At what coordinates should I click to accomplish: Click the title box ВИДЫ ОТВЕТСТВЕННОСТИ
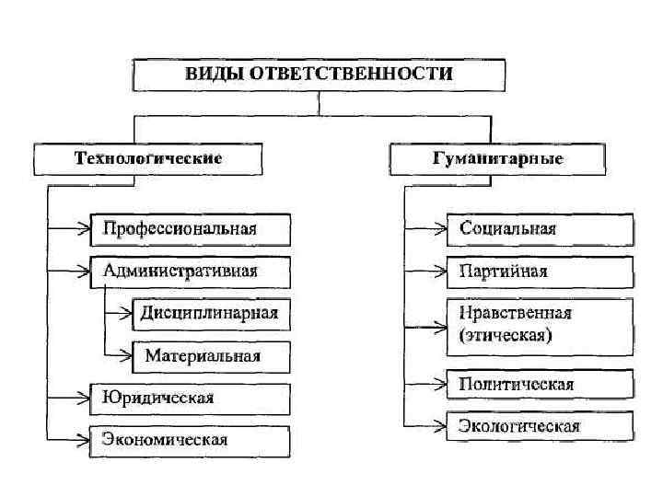(x=319, y=75)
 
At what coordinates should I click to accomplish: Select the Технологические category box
(x=147, y=158)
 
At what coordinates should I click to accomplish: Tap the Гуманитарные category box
(x=497, y=158)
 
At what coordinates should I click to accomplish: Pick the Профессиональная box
(x=190, y=229)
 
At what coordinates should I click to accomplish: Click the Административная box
(x=190, y=272)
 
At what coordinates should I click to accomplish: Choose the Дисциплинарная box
(x=210, y=314)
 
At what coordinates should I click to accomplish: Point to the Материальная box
(x=210, y=355)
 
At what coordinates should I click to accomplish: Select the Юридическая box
(x=190, y=398)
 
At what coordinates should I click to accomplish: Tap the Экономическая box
(x=190, y=439)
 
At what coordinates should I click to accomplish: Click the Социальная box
(x=540, y=229)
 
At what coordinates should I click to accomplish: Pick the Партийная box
(x=540, y=272)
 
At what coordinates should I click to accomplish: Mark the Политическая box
(x=540, y=384)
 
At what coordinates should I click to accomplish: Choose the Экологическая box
(x=540, y=425)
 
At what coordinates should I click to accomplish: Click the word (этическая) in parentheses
(x=506, y=336)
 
